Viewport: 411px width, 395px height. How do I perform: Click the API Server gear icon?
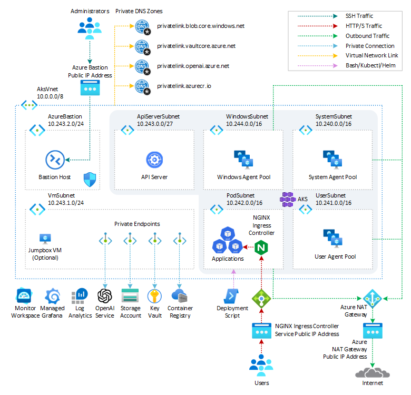coord(154,160)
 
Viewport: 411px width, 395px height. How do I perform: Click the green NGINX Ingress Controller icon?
coord(261,246)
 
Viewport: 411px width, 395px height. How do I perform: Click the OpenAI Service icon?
coord(105,295)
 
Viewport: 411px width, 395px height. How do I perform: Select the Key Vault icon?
coord(154,295)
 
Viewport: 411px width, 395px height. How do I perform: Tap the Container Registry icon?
coord(180,295)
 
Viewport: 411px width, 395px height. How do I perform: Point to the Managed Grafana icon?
coord(53,295)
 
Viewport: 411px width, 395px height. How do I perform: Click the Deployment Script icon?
coord(232,296)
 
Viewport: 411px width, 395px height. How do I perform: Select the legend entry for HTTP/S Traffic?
coord(364,26)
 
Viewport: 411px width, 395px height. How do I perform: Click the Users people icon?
coord(261,364)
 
